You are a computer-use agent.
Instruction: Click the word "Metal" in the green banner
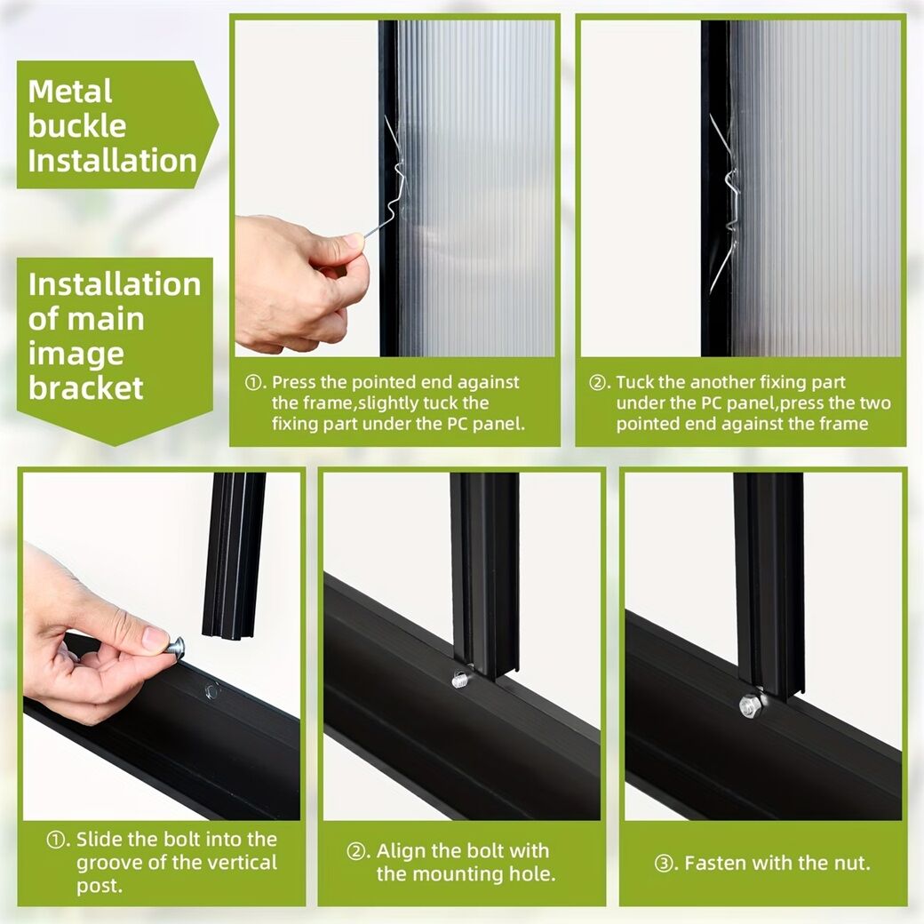69,92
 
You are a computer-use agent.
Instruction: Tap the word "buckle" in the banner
76,126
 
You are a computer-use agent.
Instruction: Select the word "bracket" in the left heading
86,387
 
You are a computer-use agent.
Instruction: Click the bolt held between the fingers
175,647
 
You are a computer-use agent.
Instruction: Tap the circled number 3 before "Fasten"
665,864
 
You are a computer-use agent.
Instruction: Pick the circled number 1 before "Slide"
56,840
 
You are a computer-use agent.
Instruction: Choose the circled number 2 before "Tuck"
598,383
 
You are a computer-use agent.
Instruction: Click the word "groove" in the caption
109,864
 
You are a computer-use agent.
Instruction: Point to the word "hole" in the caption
530,874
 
